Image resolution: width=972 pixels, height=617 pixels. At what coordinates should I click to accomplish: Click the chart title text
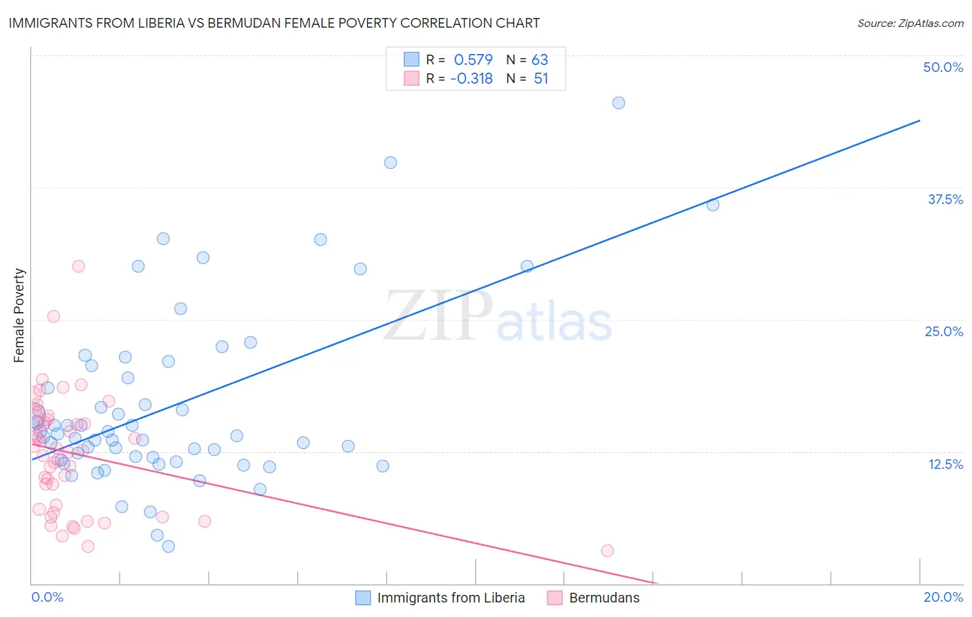click(x=274, y=23)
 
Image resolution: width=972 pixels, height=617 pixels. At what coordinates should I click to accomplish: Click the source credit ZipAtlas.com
click(x=910, y=23)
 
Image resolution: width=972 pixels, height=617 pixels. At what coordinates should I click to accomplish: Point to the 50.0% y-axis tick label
click(x=943, y=67)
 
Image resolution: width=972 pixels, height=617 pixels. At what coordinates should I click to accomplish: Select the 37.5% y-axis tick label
click(x=945, y=199)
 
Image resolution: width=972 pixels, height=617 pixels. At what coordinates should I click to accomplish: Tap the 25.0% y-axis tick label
click(x=944, y=331)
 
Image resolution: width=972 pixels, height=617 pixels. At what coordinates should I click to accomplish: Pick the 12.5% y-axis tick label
click(x=945, y=464)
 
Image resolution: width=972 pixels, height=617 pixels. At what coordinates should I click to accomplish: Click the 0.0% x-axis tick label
click(x=47, y=597)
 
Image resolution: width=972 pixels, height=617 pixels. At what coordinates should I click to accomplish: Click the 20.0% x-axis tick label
click(x=943, y=597)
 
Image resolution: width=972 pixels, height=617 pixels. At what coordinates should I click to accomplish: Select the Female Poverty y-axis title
click(x=19, y=315)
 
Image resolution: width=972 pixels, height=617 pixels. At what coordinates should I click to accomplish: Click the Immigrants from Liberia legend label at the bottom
click(x=451, y=598)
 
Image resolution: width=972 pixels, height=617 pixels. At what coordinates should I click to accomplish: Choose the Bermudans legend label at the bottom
click(x=604, y=598)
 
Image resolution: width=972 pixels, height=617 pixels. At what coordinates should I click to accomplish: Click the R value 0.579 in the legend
click(x=473, y=60)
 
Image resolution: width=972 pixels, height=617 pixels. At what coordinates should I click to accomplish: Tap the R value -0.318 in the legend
click(x=471, y=79)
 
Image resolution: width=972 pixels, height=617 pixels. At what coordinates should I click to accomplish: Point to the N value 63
click(x=539, y=60)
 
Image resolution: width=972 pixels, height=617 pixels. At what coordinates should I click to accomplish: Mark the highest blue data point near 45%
click(x=619, y=103)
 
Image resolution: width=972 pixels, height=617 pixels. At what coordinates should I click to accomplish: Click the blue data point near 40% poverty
click(x=391, y=163)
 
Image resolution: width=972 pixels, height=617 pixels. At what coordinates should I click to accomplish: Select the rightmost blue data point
click(x=713, y=205)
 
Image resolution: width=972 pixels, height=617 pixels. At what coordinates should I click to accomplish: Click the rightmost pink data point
click(x=608, y=551)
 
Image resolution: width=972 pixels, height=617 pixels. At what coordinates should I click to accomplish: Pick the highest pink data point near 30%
click(x=79, y=266)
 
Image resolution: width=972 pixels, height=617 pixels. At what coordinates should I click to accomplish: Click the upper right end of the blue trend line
click(x=919, y=120)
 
